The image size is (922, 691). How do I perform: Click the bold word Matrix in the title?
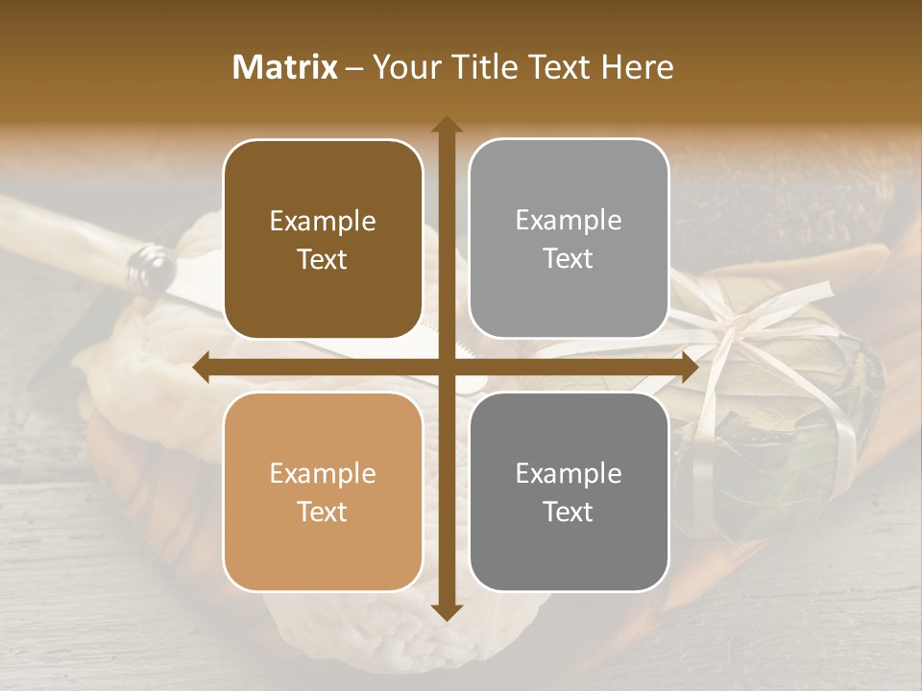(x=285, y=66)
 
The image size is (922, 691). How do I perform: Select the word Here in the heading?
(x=637, y=66)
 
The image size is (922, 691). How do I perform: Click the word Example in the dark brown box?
(x=323, y=222)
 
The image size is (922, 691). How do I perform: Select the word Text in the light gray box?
(x=569, y=259)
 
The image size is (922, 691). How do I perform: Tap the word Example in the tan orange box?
(x=323, y=474)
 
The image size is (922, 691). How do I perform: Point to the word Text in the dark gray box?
(x=569, y=512)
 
